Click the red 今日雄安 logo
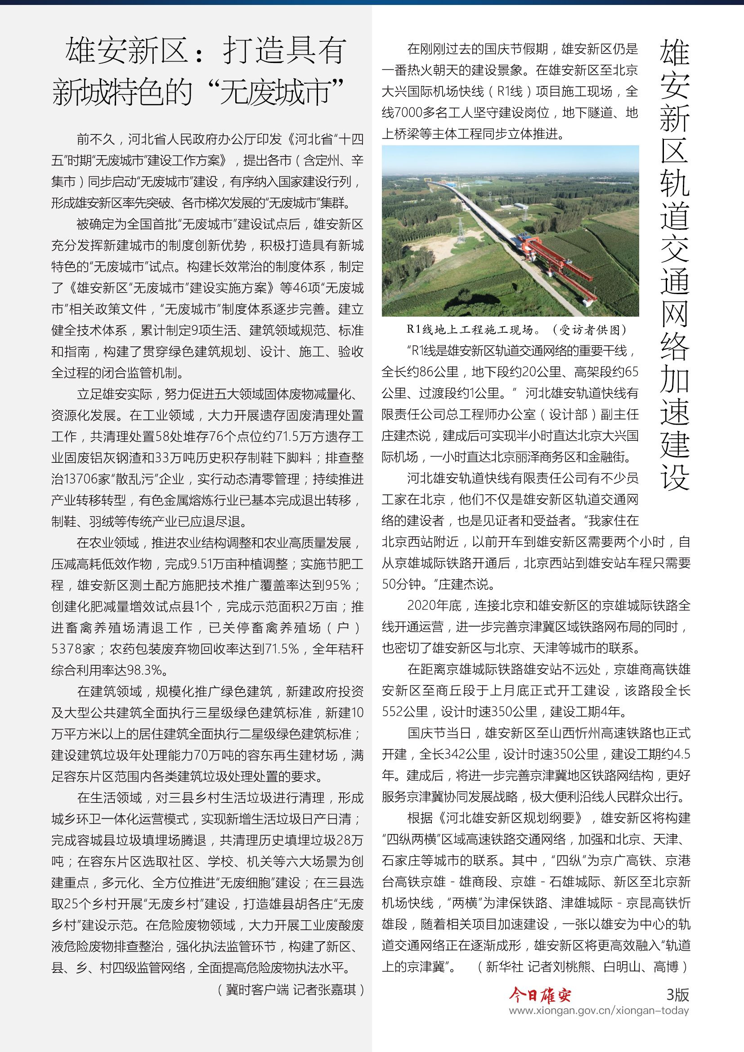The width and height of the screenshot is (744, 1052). click(541, 995)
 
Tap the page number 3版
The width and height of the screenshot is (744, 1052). click(677, 994)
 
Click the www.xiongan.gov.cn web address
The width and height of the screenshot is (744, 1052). click(598, 1010)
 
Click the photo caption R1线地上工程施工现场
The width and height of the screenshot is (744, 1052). click(469, 329)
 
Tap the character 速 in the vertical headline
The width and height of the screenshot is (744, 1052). click(674, 412)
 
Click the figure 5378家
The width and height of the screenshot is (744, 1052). click(73, 649)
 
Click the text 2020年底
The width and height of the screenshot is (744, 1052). click(434, 606)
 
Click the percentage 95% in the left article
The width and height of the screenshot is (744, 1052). click(338, 585)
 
